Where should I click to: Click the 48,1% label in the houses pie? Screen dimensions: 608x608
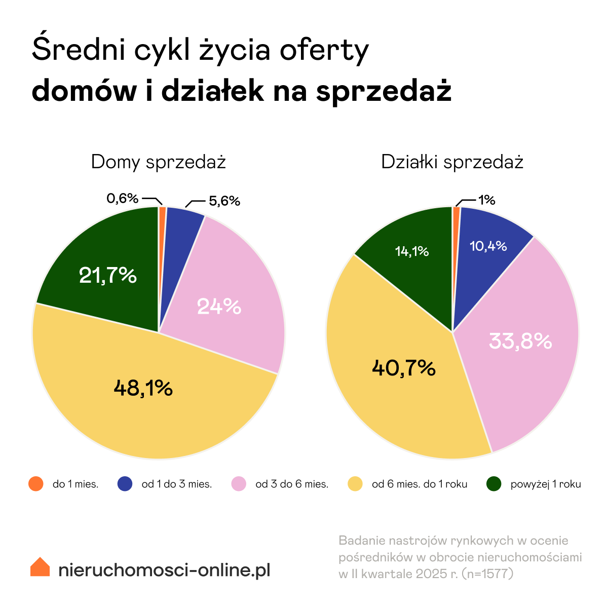click(143, 389)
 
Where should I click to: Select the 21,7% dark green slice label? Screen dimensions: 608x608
click(108, 276)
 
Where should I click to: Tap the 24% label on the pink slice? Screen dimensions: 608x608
click(219, 306)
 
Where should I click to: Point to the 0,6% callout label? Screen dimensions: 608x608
click(122, 199)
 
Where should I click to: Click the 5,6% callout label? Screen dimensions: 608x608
click(224, 201)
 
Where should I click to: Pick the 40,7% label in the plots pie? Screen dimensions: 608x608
click(403, 368)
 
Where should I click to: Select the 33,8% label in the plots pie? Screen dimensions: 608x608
click(520, 341)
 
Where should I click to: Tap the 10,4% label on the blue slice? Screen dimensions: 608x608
click(488, 246)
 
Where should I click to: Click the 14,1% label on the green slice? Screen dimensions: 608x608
click(412, 251)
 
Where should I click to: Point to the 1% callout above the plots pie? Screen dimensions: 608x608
click(487, 200)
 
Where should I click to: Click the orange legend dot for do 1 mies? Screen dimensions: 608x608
click(36, 484)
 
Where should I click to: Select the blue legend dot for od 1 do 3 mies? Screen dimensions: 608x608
click(125, 484)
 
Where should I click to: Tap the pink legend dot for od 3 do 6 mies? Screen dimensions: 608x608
click(239, 484)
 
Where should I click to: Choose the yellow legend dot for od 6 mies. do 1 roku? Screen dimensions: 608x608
click(355, 484)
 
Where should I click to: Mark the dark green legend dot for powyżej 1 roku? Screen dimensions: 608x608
click(493, 484)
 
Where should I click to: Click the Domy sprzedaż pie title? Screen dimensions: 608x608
click(158, 162)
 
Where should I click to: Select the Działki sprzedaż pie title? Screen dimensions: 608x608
click(452, 162)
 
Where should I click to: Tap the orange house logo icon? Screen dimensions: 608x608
click(40, 567)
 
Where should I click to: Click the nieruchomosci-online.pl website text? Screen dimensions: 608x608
click(164, 570)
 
